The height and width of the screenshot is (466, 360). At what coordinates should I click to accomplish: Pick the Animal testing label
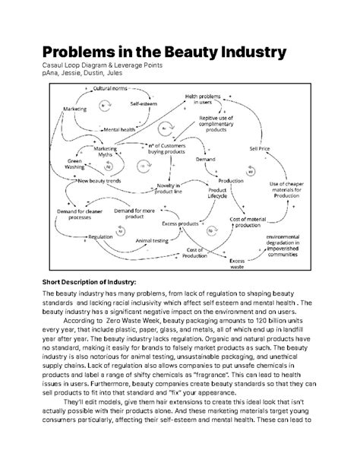[152, 240]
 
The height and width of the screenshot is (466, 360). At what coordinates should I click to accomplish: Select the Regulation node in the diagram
[99, 237]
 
